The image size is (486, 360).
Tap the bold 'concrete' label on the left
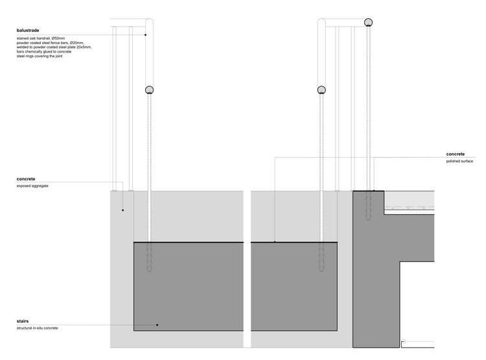26,178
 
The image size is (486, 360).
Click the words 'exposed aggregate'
33,186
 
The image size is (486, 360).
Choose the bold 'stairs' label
23,321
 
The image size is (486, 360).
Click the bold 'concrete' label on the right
455,154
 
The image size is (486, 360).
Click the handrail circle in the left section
150,91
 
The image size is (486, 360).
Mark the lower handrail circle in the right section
322,91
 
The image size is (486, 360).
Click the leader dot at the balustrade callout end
145,35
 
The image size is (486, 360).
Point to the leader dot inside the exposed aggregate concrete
123,210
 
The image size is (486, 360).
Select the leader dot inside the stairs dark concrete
157,324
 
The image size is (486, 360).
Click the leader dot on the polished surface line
274,242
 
